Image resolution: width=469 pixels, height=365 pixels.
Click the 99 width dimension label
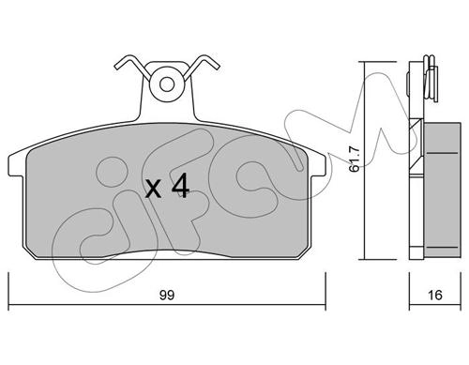point(167,296)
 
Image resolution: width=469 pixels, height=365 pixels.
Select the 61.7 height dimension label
point(355,160)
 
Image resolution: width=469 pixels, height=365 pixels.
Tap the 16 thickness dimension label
point(434,295)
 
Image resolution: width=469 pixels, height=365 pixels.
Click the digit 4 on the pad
point(181,186)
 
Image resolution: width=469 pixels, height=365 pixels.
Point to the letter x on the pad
point(154,190)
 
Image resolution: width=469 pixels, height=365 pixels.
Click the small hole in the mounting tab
point(167,84)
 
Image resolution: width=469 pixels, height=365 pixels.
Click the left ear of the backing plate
point(16,165)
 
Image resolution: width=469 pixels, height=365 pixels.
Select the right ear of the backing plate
point(319,165)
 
